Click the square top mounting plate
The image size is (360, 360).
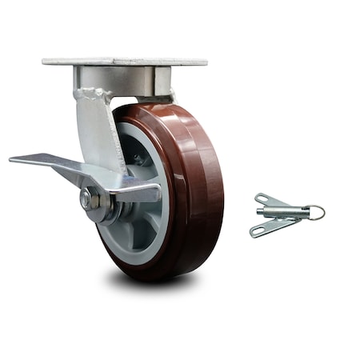[124, 61]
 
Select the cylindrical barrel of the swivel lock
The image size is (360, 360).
[282, 212]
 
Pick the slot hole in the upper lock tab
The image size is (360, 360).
[263, 198]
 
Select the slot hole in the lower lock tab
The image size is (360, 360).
[258, 232]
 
